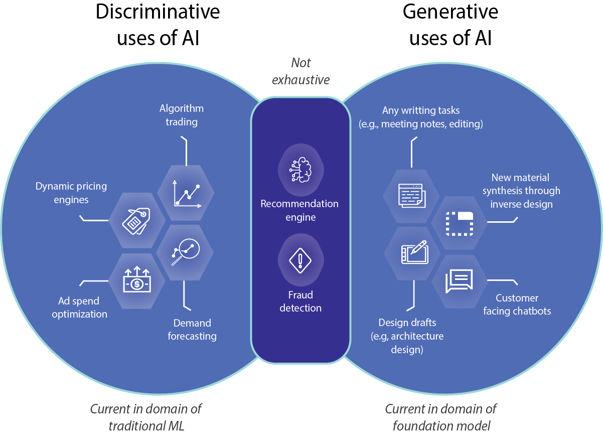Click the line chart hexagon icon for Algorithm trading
point(186,194)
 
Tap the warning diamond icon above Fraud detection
point(300,261)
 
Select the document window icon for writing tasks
point(411,195)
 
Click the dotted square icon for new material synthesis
point(460,223)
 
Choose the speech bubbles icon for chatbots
point(459,281)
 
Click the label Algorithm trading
point(182,115)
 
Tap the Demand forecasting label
point(192,330)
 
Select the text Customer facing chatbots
point(517,305)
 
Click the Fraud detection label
point(300,301)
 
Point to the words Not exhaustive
point(301,71)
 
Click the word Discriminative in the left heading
point(158,12)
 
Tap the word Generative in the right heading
point(450,12)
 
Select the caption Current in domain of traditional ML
point(146,417)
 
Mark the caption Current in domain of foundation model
point(441,417)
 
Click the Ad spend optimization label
point(79,308)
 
